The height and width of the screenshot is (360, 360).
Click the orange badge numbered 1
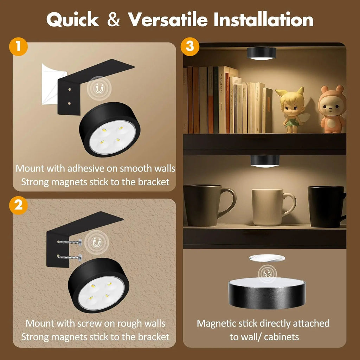pyautogui.click(x=18, y=47)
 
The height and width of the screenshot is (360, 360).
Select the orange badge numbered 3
pyautogui.click(x=190, y=47)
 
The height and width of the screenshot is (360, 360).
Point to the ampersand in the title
pyautogui.click(x=114, y=20)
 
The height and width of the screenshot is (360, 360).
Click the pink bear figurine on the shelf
pyautogui.click(x=332, y=110)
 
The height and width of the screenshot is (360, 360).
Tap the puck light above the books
pyautogui.click(x=262, y=53)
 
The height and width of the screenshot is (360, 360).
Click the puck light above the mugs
pyautogui.click(x=264, y=161)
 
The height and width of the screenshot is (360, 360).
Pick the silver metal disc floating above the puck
pyautogui.click(x=266, y=258)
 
